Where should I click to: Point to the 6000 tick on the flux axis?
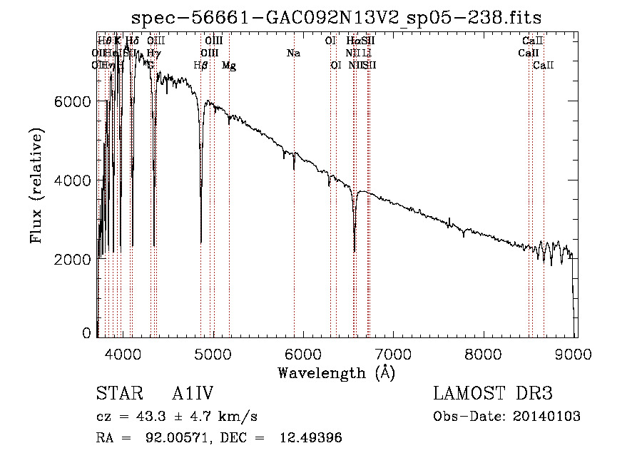[x=73, y=102]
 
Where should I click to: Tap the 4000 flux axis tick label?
[x=73, y=180]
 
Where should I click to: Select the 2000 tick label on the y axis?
[x=73, y=259]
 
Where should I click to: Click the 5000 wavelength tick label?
[x=213, y=355]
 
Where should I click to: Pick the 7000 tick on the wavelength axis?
[x=394, y=355]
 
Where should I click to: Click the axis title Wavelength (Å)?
[x=336, y=372]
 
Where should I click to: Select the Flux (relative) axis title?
[x=36, y=185]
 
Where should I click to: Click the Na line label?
[x=293, y=53]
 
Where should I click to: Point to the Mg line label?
[x=229, y=66]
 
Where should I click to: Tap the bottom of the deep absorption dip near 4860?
[x=200, y=243]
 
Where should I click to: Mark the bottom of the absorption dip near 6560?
[x=355, y=251]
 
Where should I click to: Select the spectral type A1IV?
[x=193, y=395]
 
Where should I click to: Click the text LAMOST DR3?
[x=493, y=395]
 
